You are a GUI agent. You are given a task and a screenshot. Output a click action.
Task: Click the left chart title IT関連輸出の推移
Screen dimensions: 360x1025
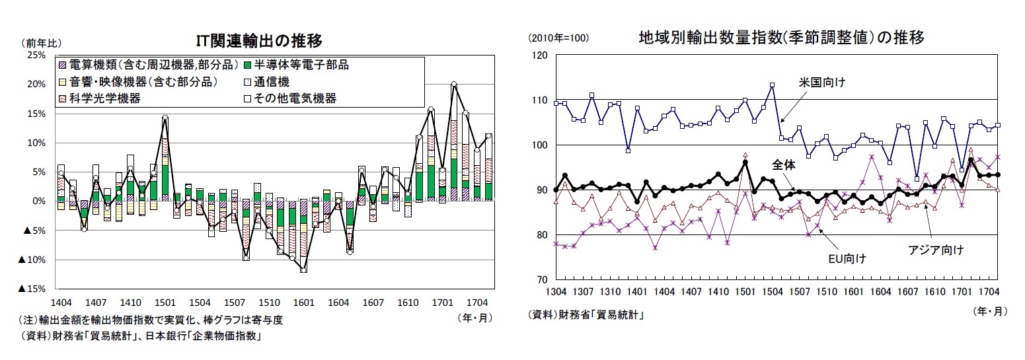259,41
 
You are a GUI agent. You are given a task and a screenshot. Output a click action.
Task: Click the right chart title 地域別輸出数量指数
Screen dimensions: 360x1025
780,38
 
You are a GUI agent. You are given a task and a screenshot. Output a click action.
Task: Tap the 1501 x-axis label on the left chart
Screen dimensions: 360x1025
165,302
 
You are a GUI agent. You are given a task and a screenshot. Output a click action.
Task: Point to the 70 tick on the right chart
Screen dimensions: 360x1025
543,280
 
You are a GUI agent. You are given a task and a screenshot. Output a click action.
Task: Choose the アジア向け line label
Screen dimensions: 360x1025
936,250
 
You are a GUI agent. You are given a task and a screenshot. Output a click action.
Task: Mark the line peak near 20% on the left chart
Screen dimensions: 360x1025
454,85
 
